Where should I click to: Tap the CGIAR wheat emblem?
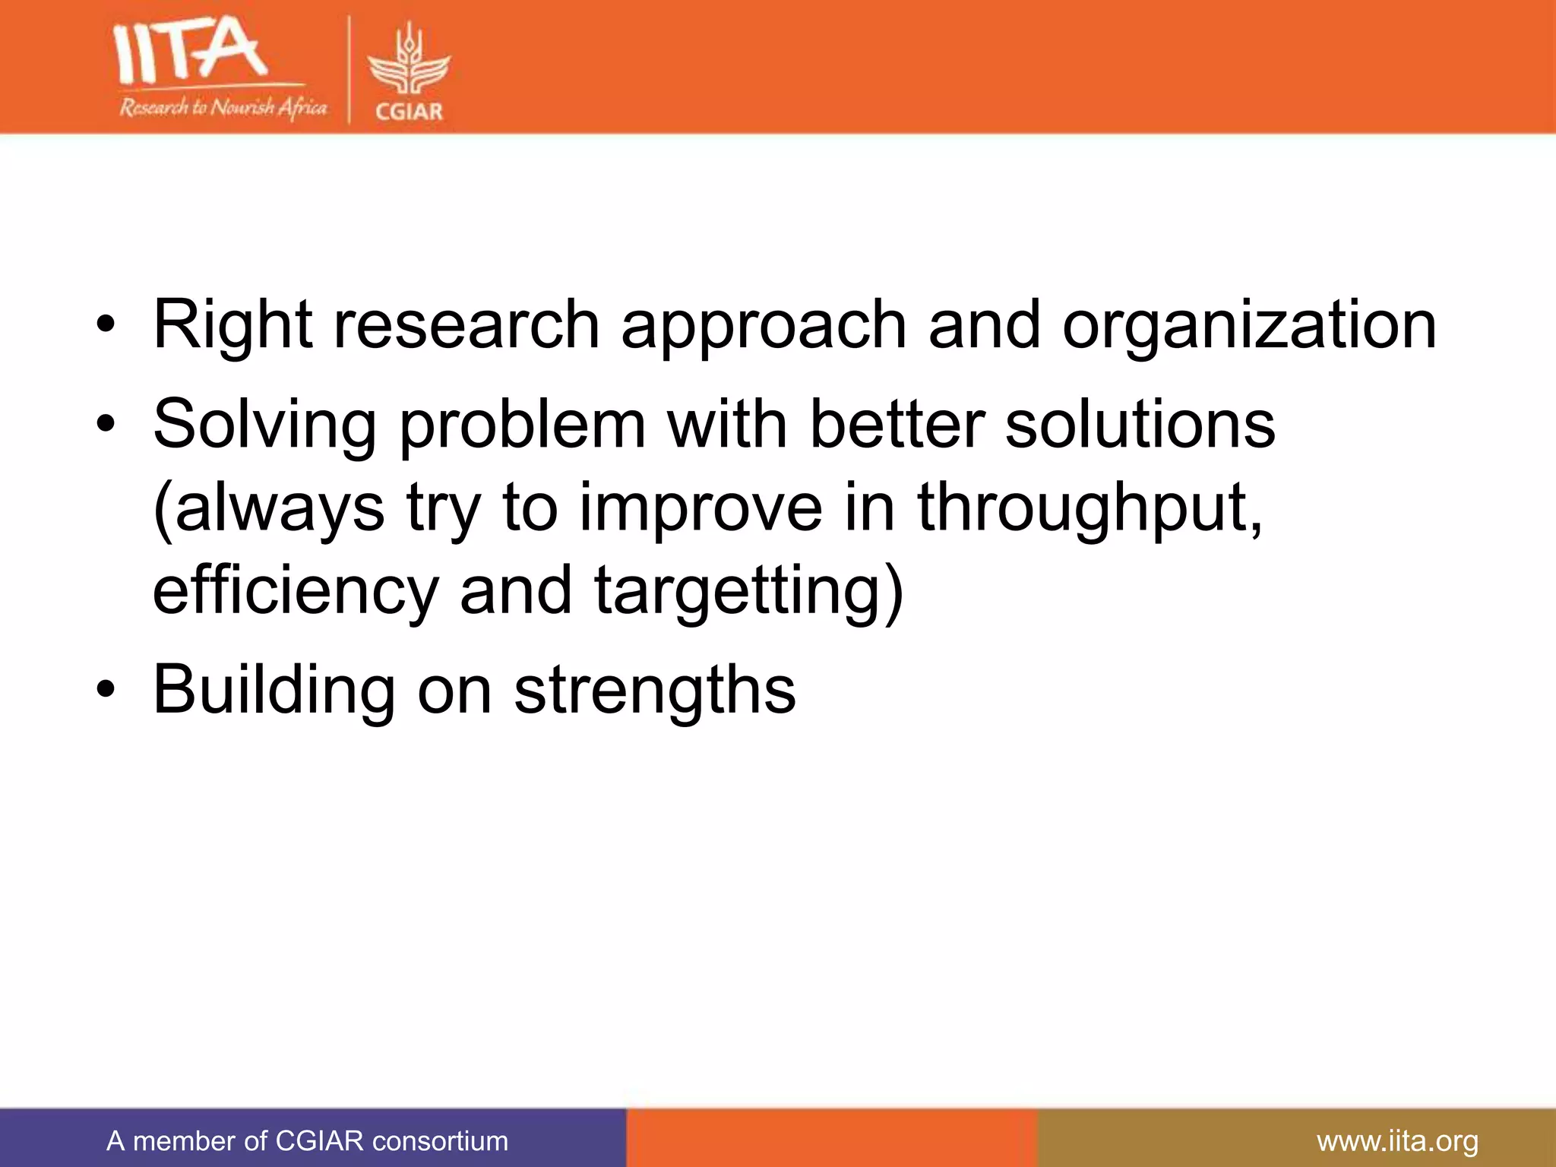tap(409, 61)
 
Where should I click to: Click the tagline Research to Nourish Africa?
tap(223, 107)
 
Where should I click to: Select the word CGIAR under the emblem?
tap(409, 112)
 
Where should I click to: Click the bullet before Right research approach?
tap(106, 325)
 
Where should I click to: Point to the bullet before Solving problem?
tap(106, 425)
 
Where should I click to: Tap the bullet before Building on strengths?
tap(106, 690)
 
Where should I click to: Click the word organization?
tap(1249, 325)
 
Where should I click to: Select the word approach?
tap(764, 325)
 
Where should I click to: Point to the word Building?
tap(274, 690)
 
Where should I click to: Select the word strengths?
tap(654, 690)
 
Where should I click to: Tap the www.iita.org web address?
tap(1397, 1141)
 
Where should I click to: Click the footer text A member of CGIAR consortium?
tap(307, 1141)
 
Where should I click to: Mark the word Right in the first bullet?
tap(232, 325)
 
